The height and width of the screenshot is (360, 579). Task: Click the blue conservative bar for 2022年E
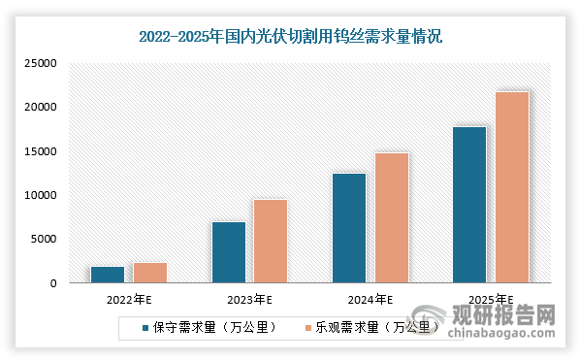click(107, 275)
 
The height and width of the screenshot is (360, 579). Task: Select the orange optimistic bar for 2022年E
click(149, 273)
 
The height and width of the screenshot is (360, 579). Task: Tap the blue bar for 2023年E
click(228, 252)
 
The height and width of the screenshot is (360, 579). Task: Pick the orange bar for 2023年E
click(271, 242)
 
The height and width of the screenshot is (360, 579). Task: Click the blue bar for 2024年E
click(349, 228)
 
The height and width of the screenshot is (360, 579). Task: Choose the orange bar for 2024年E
click(392, 217)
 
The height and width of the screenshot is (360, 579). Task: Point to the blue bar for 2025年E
click(469, 205)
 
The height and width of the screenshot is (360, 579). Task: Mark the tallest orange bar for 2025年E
click(512, 187)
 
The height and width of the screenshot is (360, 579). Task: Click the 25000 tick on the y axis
click(42, 64)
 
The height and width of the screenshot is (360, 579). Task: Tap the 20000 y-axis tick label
click(42, 108)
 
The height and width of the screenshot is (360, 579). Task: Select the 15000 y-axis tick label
click(42, 151)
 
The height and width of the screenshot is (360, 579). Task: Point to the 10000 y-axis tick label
click(42, 195)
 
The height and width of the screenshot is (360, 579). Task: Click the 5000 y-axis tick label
click(45, 240)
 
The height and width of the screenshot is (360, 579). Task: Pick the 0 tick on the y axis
click(55, 283)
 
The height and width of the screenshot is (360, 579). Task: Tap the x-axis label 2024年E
click(370, 300)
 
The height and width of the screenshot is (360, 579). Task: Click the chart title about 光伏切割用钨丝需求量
click(289, 37)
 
